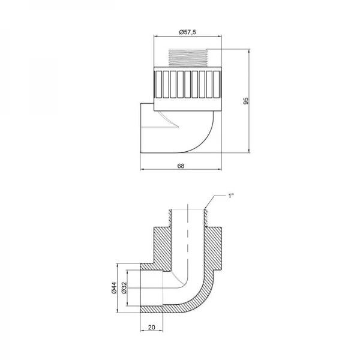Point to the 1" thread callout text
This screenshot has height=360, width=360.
231,196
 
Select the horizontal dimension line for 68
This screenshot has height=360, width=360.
181,170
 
